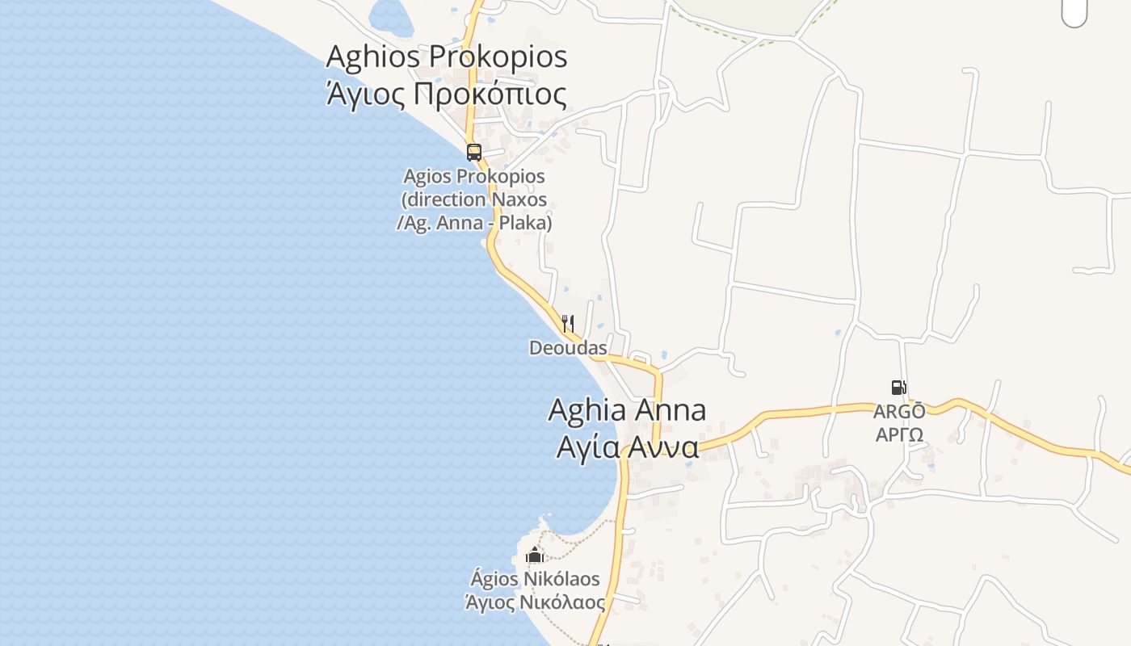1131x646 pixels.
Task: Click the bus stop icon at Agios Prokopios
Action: (474, 152)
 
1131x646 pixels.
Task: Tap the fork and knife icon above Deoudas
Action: (568, 325)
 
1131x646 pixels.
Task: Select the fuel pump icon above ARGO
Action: (898, 388)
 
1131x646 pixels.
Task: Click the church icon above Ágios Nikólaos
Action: (534, 555)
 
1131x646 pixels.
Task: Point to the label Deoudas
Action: (568, 348)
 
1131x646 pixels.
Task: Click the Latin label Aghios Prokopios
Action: (447, 57)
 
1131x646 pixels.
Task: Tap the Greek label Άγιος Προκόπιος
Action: (446, 94)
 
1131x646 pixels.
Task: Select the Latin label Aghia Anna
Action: (627, 410)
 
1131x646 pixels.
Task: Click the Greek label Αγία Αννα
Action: (627, 447)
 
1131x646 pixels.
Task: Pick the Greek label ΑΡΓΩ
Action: (898, 435)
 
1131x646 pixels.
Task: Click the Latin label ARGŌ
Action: (898, 412)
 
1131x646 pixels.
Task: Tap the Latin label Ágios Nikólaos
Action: (535, 579)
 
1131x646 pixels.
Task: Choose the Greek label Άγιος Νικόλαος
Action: (535, 602)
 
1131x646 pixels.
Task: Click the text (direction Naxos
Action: (474, 199)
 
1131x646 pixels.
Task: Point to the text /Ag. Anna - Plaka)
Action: (474, 223)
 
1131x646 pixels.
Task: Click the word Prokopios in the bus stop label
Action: (501, 176)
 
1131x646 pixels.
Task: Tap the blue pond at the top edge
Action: (390, 14)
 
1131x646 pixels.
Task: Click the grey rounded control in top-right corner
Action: (1074, 11)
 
